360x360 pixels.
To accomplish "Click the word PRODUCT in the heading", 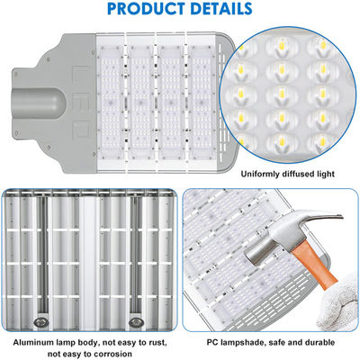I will point(140,10).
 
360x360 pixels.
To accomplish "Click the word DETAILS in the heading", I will point(220,10).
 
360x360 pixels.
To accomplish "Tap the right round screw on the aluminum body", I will point(138,319).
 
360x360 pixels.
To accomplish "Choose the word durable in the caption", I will point(319,343).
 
